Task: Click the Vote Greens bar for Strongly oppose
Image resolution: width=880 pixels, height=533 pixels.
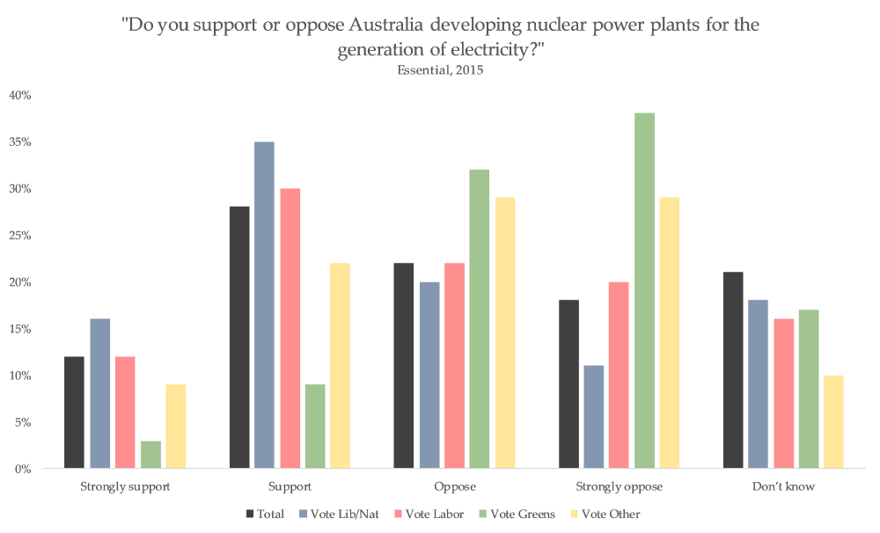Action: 644,290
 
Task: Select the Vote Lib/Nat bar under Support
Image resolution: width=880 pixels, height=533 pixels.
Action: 264,305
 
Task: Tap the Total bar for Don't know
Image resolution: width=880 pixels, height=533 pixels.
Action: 732,370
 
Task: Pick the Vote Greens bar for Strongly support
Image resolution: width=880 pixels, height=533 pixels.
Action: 150,455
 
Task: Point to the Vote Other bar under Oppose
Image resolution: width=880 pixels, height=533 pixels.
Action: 504,332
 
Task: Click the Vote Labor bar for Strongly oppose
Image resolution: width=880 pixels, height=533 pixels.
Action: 620,375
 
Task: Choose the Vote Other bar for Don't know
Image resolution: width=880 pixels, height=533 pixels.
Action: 833,422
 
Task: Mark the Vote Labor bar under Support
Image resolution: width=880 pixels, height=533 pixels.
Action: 290,328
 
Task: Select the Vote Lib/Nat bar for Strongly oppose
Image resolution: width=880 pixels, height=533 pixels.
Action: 594,417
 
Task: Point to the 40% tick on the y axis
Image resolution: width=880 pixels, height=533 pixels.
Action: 20,95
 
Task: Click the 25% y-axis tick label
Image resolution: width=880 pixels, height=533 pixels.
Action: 20,235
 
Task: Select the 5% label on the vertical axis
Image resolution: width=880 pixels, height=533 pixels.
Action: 23,422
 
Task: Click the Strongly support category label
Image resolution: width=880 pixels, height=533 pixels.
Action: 124,486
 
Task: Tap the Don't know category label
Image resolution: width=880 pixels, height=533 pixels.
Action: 782,486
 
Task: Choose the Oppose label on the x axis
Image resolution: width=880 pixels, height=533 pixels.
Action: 453,486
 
